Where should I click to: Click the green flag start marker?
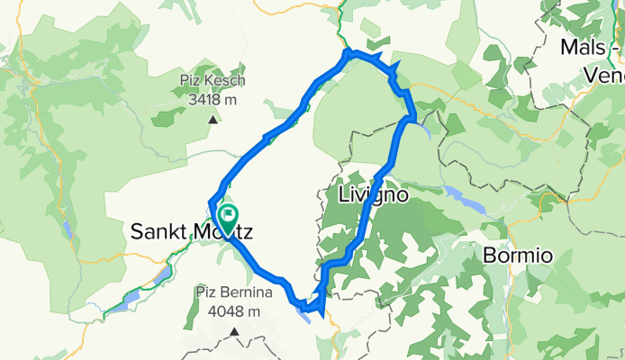[x=227, y=216]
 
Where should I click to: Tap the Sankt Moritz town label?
[x=192, y=233]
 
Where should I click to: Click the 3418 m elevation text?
[x=213, y=101]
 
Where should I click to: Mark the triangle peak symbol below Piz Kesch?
[x=213, y=118]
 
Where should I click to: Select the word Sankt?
[x=159, y=233]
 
